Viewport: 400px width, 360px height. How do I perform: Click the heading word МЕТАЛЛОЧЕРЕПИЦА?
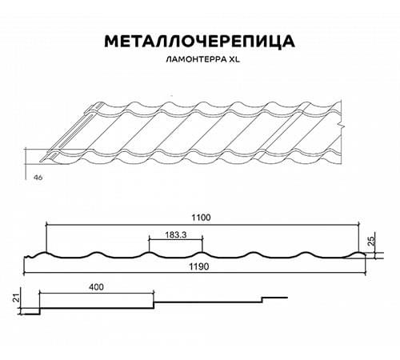[200, 41]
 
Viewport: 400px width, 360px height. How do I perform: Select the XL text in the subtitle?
[234, 59]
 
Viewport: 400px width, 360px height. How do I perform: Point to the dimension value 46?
[38, 177]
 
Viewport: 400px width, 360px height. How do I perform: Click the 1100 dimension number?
[201, 218]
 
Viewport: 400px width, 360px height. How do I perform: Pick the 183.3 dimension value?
[176, 235]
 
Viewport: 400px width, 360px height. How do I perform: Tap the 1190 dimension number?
[199, 266]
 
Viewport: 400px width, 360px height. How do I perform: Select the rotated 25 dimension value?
[371, 241]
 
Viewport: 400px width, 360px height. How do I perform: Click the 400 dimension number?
[96, 287]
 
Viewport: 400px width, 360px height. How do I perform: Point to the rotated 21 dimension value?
[17, 298]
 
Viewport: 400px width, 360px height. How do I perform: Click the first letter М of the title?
[111, 41]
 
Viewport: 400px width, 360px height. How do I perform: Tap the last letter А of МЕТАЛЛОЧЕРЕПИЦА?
[287, 41]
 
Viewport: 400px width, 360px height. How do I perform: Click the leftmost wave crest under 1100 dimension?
[46, 252]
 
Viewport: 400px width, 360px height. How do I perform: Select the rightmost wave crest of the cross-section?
[358, 252]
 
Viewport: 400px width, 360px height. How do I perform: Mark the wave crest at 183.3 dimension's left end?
[149, 252]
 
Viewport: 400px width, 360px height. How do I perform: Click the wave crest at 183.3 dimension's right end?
[202, 252]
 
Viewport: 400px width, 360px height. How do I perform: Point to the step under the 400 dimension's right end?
[154, 305]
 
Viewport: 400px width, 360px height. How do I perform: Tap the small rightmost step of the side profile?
[262, 300]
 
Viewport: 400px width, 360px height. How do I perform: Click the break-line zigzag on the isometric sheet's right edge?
[341, 126]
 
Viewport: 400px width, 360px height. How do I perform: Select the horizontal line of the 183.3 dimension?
[176, 240]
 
